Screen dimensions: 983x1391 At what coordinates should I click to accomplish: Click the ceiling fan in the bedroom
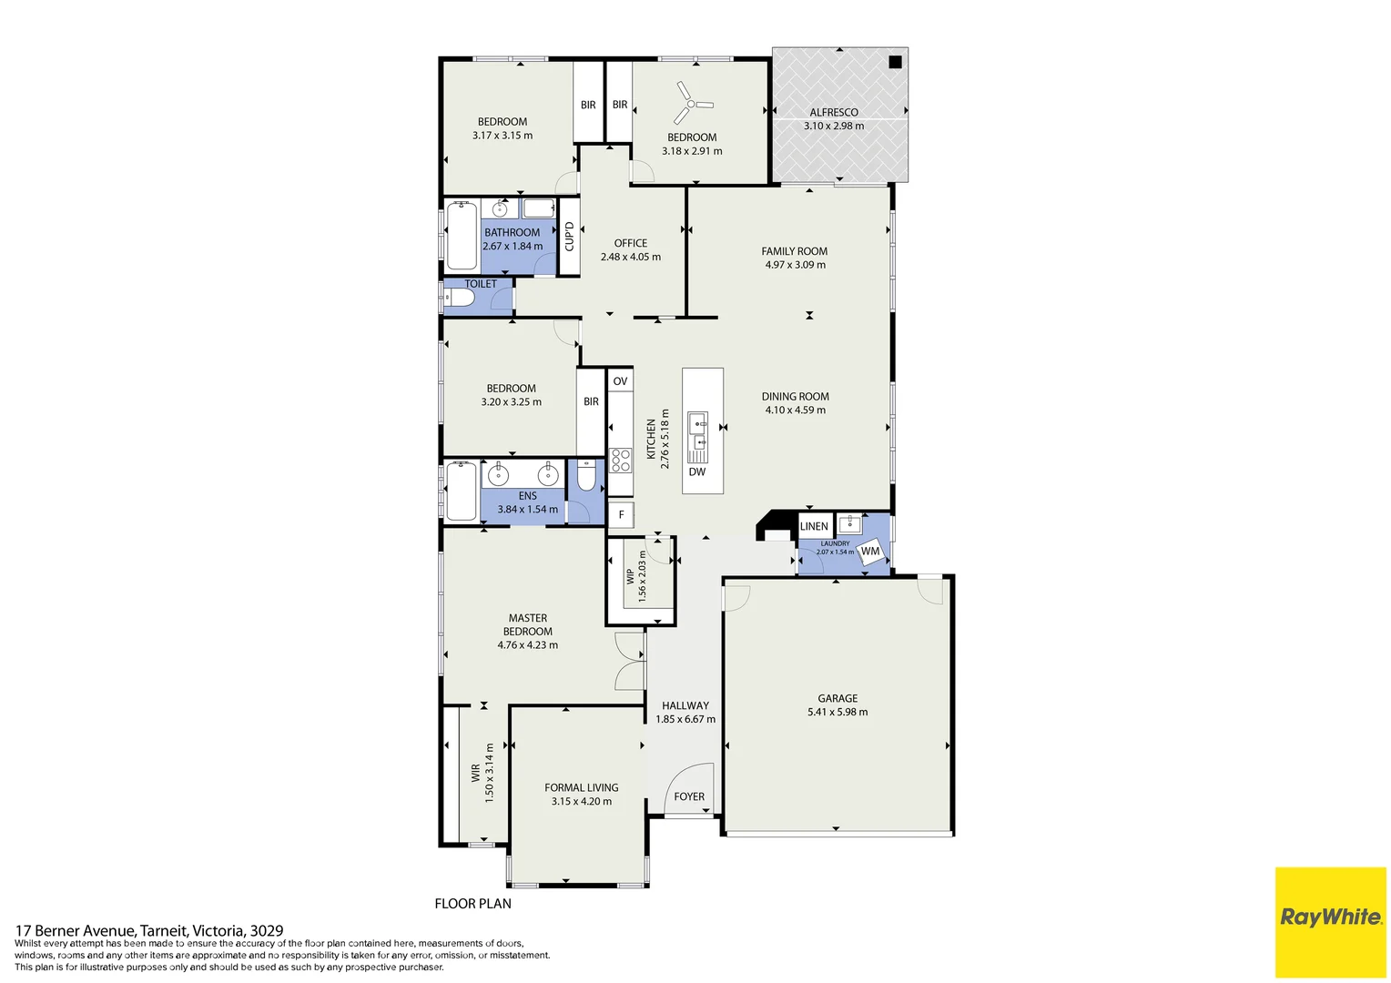click(x=692, y=103)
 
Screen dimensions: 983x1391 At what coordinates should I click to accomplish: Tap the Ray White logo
click(x=1330, y=917)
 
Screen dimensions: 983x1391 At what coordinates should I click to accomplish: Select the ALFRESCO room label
click(x=834, y=112)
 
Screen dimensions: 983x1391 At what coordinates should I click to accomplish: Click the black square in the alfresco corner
click(x=895, y=62)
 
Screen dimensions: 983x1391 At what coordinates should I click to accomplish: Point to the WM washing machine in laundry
click(x=871, y=552)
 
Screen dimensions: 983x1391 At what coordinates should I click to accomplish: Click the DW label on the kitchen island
click(x=696, y=471)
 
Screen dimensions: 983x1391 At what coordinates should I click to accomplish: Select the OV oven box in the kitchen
click(x=620, y=380)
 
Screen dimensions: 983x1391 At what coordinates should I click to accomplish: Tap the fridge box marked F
click(x=621, y=514)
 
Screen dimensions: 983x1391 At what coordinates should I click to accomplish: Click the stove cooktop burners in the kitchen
click(x=620, y=460)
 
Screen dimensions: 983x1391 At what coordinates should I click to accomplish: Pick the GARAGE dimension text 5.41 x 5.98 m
click(x=838, y=712)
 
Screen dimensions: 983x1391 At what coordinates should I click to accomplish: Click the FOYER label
click(x=689, y=796)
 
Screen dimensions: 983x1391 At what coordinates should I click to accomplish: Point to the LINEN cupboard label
click(x=814, y=526)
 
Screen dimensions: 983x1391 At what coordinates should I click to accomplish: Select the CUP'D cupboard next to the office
click(x=569, y=236)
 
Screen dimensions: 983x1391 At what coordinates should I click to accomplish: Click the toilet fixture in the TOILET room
click(x=459, y=297)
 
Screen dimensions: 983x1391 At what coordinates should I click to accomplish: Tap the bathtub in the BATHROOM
click(x=462, y=236)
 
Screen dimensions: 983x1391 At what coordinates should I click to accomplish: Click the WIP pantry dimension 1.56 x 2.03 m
click(x=642, y=576)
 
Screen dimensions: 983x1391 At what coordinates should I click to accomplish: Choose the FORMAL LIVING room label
click(x=581, y=787)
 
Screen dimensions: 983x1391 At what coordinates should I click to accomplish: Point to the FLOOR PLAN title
click(x=472, y=903)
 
